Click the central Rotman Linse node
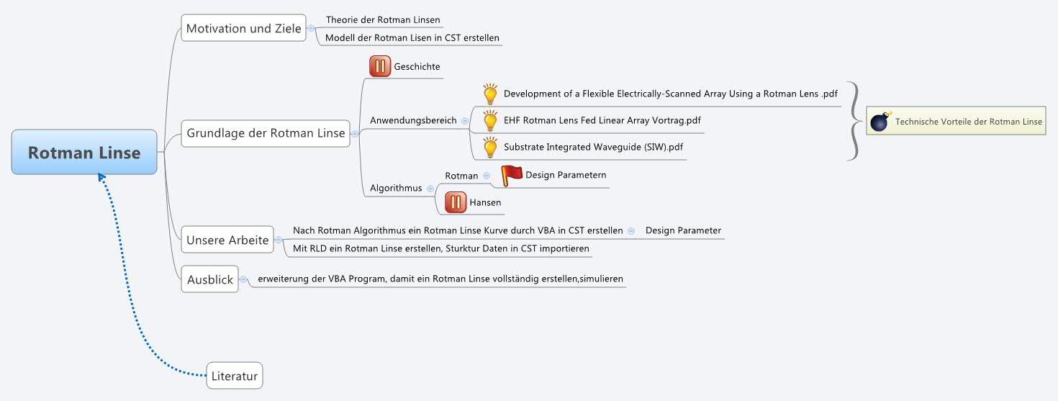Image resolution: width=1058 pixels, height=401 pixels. pos(84,152)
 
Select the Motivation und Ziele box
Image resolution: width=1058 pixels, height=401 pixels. pos(243,29)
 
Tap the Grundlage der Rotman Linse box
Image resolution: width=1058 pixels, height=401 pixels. pos(266,133)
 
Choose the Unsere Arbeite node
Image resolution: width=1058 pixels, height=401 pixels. pos(227,240)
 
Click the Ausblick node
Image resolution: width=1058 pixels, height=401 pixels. pos(209,279)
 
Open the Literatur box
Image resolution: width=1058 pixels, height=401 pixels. pos(235,375)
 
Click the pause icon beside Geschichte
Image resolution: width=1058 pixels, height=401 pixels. pos(380,66)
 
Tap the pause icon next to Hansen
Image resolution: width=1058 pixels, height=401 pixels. pos(456,202)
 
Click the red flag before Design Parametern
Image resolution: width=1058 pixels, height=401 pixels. pos(512,175)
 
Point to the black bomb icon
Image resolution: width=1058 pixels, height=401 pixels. pos(880,121)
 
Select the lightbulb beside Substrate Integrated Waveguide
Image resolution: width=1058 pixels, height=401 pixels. pos(490,147)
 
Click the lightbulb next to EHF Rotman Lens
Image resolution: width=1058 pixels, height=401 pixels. pos(490,120)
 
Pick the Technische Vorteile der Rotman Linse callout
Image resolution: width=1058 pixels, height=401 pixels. pos(956,122)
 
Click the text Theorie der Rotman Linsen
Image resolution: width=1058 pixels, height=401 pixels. pos(382,20)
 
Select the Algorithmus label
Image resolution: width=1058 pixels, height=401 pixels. pos(396,188)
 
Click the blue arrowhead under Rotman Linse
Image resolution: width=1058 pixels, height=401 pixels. pos(102,178)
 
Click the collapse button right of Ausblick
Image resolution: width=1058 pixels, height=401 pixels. pos(243,279)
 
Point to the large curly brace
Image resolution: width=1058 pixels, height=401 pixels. pos(854,120)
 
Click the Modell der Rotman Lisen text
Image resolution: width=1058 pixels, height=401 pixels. pos(412,37)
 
